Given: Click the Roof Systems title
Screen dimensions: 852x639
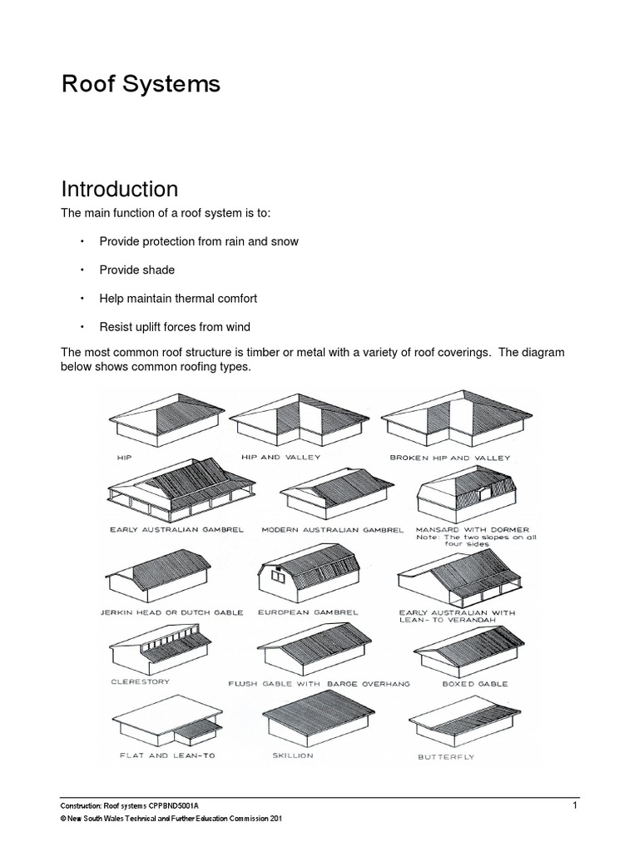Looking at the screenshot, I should tap(141, 84).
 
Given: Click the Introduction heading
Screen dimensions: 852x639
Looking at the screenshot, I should tap(119, 189).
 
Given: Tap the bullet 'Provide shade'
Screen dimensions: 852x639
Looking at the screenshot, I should tap(136, 270).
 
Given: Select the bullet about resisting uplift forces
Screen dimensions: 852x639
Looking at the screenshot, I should tap(174, 326).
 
